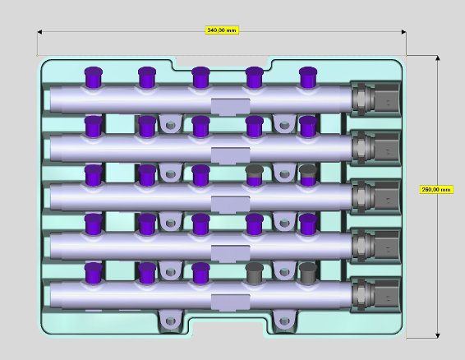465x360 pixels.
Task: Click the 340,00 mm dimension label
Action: (x=222, y=30)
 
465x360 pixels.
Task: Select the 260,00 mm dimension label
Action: (x=436, y=190)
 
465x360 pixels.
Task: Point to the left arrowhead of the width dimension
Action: (x=39, y=32)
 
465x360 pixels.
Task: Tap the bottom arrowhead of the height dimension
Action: (x=437, y=335)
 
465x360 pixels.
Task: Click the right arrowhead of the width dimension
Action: (x=404, y=32)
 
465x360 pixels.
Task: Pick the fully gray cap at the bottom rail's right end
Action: (x=308, y=274)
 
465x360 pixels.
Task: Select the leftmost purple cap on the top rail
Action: (x=94, y=77)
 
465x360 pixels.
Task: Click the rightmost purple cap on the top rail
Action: (x=308, y=77)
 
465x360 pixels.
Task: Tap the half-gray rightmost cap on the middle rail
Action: (x=308, y=175)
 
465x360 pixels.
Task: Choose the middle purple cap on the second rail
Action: (x=200, y=127)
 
